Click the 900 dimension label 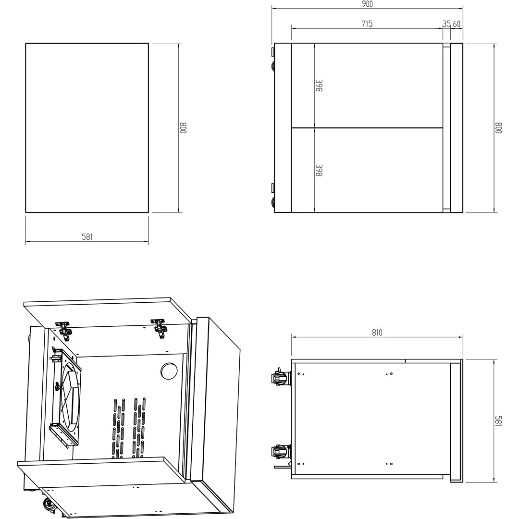pos(367,4)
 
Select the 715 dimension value pos(367,24)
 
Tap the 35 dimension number pos(446,24)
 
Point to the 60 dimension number pos(457,24)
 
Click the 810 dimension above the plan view pos(377,333)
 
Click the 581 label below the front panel pos(87,237)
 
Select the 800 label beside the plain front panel pos(183,128)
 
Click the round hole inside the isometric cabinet pos(169,371)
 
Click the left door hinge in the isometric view pos(64,328)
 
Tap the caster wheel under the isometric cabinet pos(49,505)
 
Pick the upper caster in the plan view pos(281,378)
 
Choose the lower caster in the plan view pos(281,452)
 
